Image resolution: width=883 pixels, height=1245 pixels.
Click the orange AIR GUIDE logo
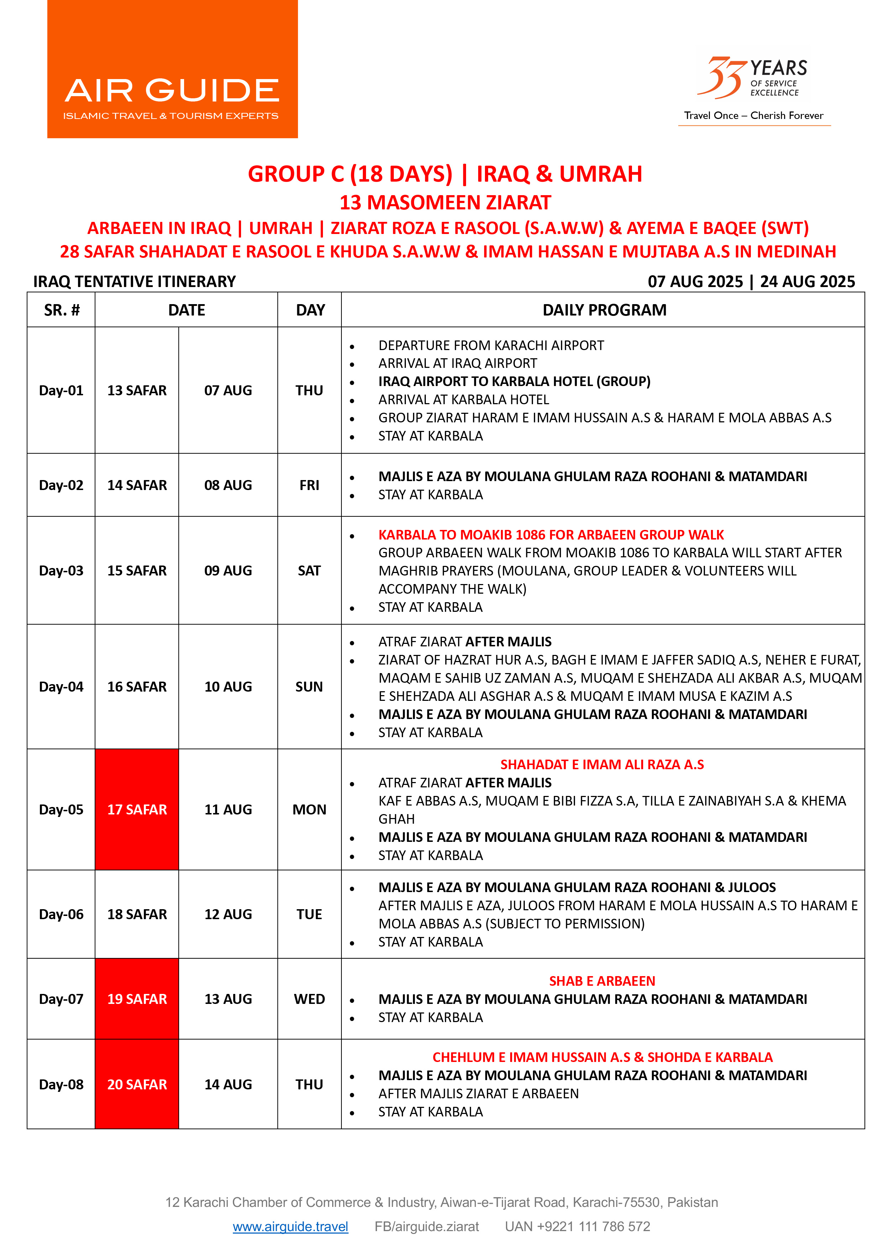point(172,69)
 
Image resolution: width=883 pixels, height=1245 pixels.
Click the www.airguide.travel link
point(290,1226)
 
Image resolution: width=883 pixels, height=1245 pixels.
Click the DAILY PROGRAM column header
point(604,310)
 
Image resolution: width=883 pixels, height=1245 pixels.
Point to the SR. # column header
point(62,310)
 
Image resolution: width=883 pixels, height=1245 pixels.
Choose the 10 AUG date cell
point(228,687)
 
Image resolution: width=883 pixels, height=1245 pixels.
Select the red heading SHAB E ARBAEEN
point(602,981)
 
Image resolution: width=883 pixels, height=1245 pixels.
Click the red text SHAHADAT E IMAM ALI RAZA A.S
point(602,764)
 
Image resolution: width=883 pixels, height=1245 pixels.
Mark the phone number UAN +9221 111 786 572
point(578,1226)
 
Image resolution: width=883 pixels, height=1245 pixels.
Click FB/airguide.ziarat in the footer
point(427,1226)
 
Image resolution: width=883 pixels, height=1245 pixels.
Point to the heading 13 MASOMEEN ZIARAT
point(445,202)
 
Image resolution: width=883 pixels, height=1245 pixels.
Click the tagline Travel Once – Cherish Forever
point(754,115)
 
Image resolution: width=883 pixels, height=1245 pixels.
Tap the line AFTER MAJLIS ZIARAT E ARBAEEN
point(479,1093)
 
